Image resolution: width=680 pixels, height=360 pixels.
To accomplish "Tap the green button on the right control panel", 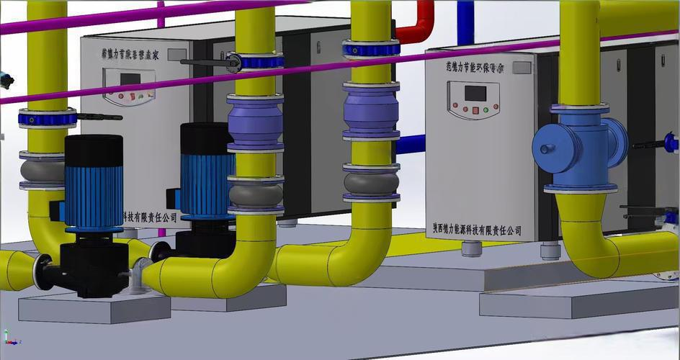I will tap(486, 110).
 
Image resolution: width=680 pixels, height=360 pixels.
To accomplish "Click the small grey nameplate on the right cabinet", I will tap(522, 68).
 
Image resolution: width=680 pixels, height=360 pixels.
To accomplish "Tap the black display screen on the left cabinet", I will tap(120, 78).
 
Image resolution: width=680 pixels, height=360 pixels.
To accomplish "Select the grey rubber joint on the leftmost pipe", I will tap(47, 170).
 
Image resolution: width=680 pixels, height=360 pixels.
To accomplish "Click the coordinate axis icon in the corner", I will tap(8, 336).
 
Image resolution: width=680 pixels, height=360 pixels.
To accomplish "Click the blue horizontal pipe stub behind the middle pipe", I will tap(411, 144).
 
